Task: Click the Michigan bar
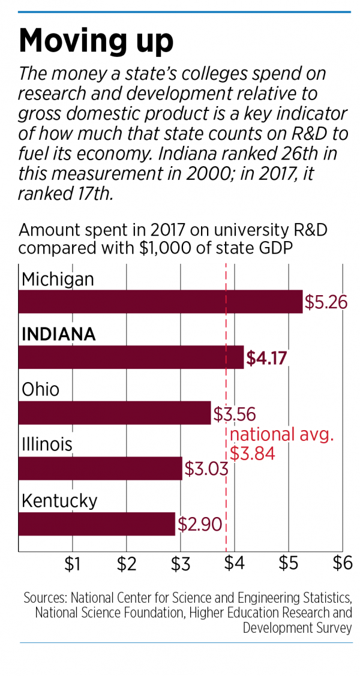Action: click(x=160, y=302)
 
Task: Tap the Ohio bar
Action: click(x=115, y=413)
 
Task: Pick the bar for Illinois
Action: click(x=100, y=468)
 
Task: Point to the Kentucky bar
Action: click(x=97, y=523)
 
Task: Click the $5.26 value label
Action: click(x=326, y=302)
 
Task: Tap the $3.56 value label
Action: click(x=235, y=414)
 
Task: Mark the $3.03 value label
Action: click(x=206, y=468)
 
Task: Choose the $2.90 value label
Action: click(x=199, y=524)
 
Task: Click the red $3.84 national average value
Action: click(x=252, y=453)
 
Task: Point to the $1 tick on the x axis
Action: click(x=73, y=565)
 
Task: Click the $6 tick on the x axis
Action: click(x=342, y=565)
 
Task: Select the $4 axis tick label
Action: click(x=234, y=565)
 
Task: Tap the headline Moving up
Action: click(x=96, y=41)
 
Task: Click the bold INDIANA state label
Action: click(x=58, y=334)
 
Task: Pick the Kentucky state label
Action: click(x=59, y=500)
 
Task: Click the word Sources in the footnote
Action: click(x=46, y=598)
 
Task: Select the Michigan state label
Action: click(x=58, y=279)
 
